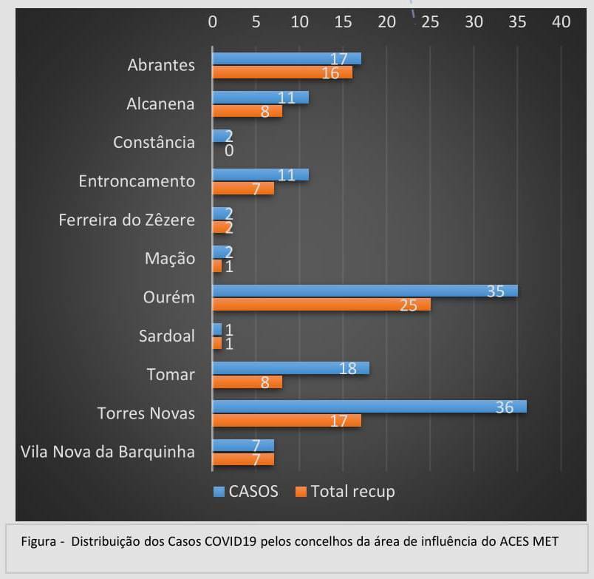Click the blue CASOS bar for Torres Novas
[369, 407]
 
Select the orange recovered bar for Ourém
[321, 305]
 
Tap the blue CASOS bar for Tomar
[290, 368]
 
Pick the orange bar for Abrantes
[282, 72]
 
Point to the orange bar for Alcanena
[247, 111]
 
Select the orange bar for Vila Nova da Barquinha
[243, 459]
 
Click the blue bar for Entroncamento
[260, 175]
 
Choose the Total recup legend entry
[345, 491]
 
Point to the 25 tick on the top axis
[430, 22]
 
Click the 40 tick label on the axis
[561, 22]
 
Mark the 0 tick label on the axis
[213, 22]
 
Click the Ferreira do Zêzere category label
[127, 220]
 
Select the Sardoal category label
[167, 336]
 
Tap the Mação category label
[170, 259]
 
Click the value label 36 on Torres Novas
[504, 407]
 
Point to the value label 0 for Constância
[229, 150]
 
